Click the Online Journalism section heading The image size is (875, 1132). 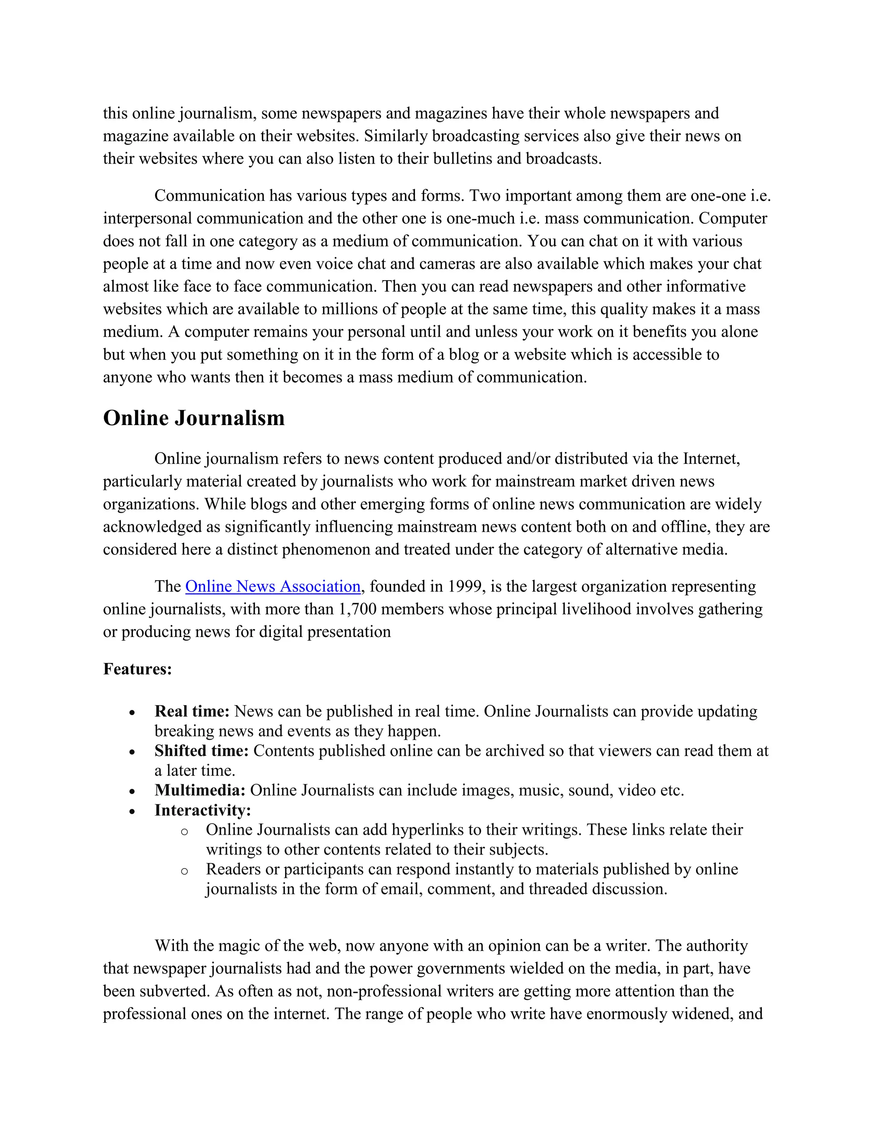pos(194,418)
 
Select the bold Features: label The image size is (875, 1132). pos(138,669)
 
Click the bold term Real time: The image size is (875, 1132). pos(192,711)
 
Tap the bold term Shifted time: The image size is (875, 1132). pos(202,751)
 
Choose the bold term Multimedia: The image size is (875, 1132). pos(200,790)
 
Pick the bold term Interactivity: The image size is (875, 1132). pos(203,810)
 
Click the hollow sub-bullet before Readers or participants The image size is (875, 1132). pos(184,871)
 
